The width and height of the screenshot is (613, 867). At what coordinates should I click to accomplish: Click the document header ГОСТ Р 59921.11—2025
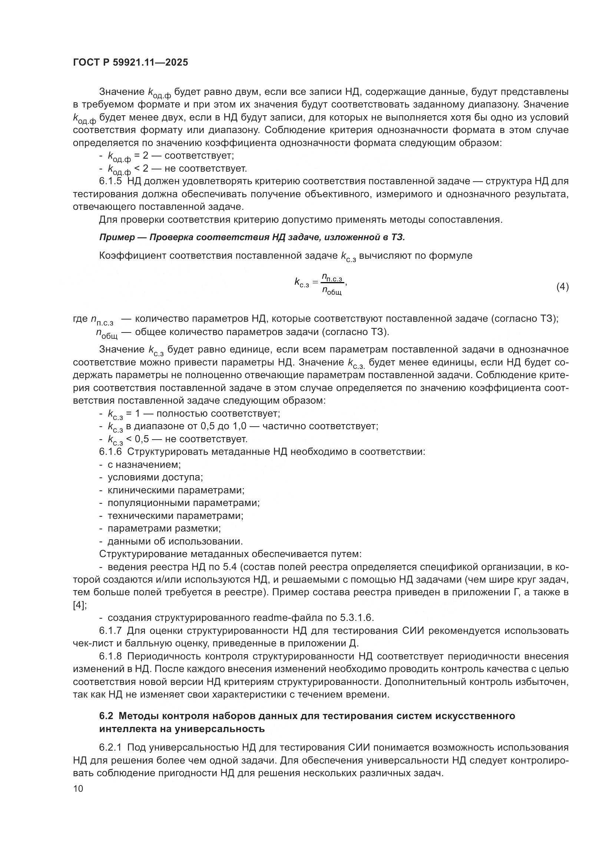[130, 63]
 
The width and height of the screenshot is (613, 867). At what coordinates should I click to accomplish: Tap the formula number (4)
[562, 287]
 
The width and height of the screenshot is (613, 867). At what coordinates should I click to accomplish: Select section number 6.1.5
[110, 181]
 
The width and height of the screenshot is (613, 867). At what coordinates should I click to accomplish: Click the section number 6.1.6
[110, 451]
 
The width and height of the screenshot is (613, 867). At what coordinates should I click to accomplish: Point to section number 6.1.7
[110, 630]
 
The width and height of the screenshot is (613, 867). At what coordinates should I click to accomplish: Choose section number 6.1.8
[110, 656]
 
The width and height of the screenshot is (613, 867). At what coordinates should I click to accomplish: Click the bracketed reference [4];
[80, 605]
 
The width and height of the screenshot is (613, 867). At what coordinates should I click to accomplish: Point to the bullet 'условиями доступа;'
[155, 477]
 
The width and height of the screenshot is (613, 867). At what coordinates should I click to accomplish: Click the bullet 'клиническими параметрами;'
[176, 490]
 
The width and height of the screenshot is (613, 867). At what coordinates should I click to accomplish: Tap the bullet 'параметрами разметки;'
[164, 528]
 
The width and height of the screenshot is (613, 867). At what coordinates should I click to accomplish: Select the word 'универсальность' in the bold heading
[219, 728]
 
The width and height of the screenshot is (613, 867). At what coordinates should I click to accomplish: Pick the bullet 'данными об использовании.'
[175, 541]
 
